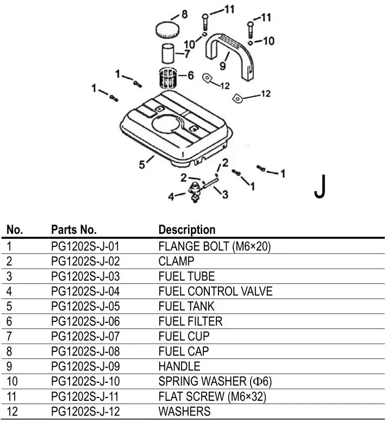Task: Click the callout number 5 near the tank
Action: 142,163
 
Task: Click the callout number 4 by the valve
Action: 171,197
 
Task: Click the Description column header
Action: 186,229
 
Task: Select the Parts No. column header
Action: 73,229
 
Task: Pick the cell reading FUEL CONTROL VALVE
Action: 215,291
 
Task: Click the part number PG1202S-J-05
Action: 84,306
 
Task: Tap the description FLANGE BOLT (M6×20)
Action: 214,246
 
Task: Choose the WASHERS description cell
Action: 184,411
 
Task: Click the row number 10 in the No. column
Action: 12,381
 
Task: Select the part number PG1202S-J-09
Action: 84,366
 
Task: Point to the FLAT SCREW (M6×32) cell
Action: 212,396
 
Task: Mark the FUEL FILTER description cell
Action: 190,321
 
